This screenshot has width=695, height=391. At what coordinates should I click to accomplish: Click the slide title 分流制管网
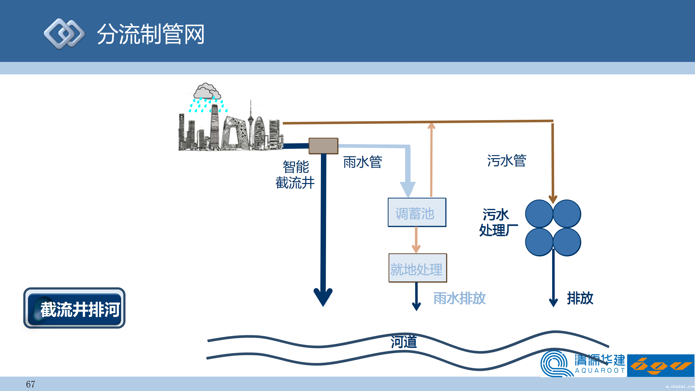(151, 34)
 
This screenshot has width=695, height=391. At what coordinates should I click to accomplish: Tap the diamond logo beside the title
(64, 34)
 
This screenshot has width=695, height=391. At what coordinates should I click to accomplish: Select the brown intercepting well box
(323, 146)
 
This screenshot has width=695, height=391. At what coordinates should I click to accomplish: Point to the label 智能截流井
(295, 175)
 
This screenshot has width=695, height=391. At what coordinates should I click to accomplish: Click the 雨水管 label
(363, 162)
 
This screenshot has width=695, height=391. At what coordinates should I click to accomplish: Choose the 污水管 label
(507, 160)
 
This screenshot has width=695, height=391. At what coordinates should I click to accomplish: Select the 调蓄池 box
(417, 213)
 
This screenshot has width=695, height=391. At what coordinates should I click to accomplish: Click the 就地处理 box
(418, 268)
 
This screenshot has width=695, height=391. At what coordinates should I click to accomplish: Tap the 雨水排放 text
(459, 298)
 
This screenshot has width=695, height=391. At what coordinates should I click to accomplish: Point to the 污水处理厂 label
(498, 222)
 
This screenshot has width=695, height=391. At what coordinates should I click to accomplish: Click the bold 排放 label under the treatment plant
(580, 298)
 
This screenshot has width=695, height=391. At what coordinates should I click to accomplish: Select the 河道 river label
(404, 342)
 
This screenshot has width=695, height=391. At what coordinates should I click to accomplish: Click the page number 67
(30, 384)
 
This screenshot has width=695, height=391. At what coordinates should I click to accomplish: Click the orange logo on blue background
(661, 365)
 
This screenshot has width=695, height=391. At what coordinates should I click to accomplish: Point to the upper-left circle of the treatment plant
(539, 214)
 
